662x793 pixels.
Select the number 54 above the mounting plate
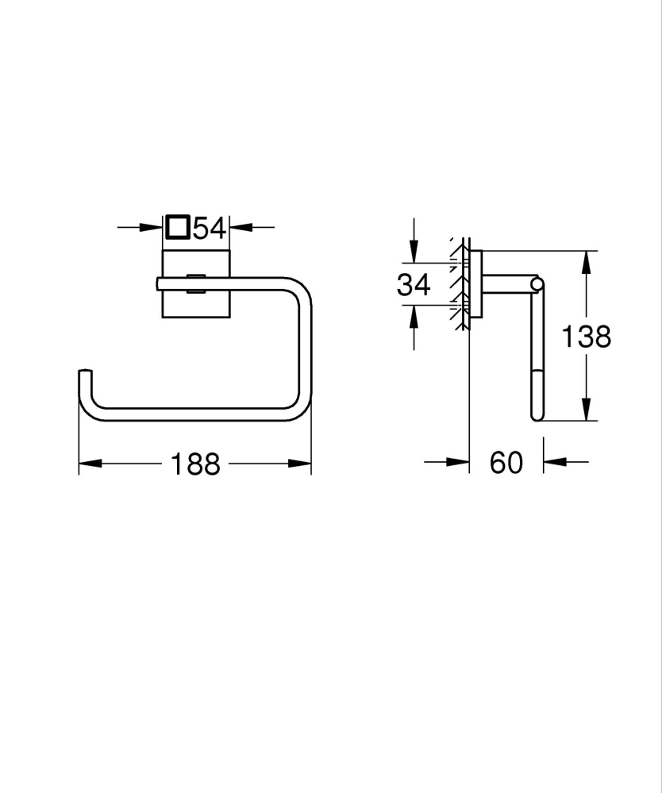(210, 229)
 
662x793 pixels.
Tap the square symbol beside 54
(177, 228)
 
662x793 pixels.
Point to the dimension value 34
(414, 284)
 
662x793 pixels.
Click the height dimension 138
(587, 337)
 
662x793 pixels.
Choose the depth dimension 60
(506, 462)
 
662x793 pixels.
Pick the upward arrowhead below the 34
(414, 314)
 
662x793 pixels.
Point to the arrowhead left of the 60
(460, 461)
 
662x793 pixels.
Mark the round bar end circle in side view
(538, 284)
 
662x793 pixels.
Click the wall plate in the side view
(476, 284)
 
